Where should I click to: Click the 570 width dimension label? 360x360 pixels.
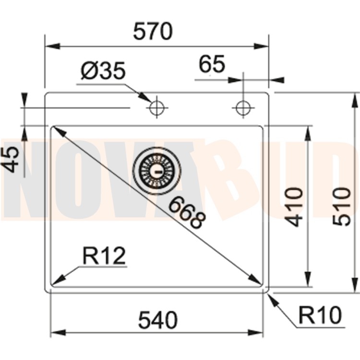click(152, 32)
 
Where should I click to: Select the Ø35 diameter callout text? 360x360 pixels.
click(103, 72)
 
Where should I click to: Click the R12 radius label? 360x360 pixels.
click(104, 257)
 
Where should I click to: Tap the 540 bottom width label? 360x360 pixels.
click(158, 320)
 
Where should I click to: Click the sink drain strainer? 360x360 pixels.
click(158, 170)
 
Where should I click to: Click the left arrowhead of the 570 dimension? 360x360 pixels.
click(52, 47)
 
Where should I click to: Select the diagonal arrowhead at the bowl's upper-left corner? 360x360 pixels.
click(57, 130)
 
